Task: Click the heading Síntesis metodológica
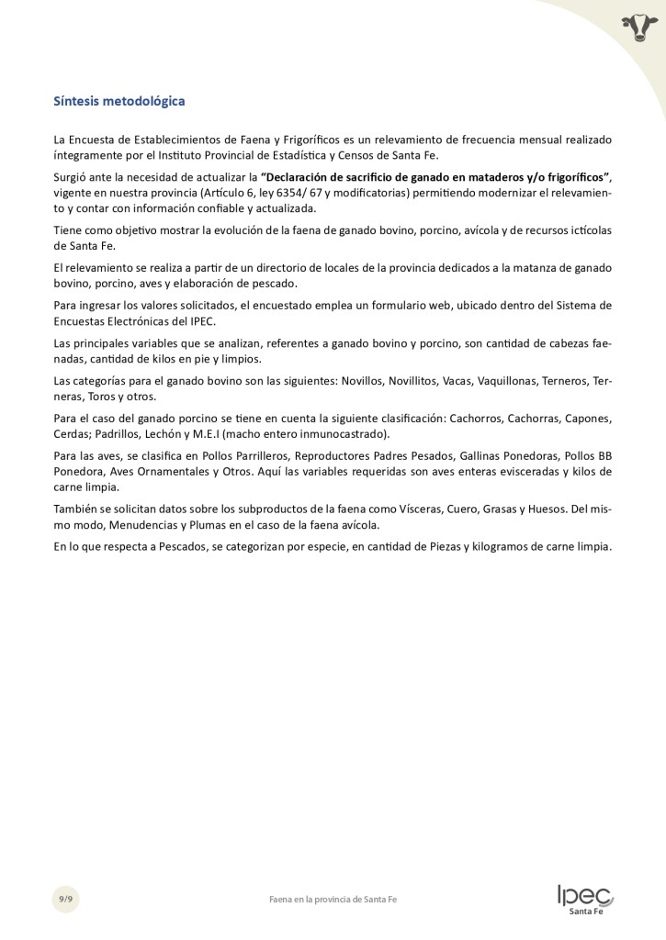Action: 119,100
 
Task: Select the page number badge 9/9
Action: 65,899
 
